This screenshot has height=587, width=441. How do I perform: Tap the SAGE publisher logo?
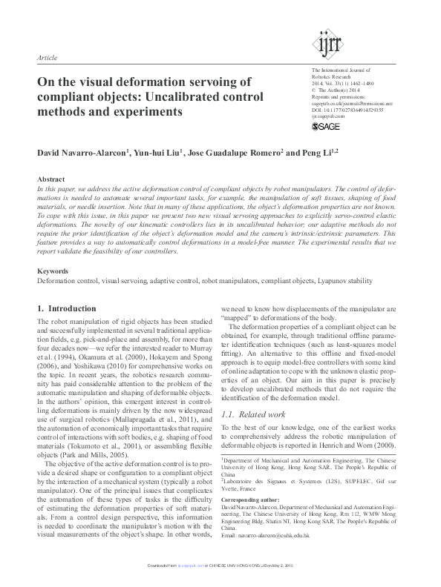coord(325,127)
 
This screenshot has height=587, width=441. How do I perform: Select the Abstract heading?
coord(51,180)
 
